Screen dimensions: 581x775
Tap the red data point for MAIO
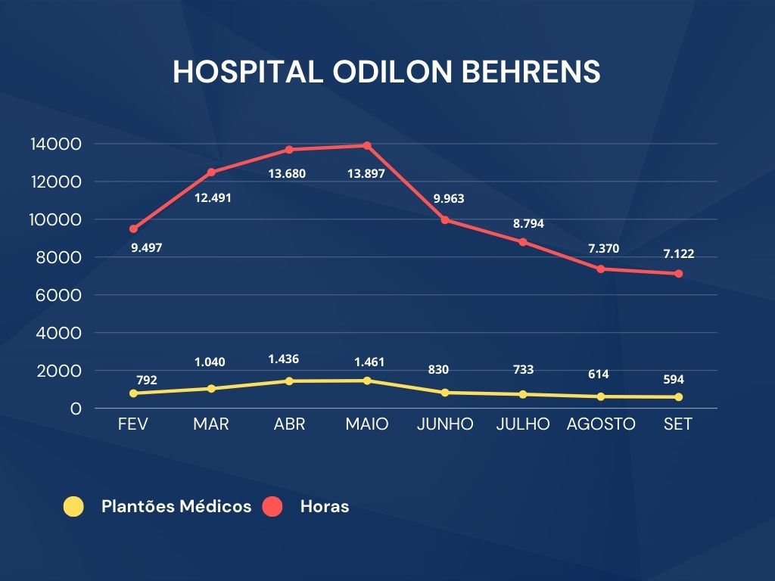point(367,145)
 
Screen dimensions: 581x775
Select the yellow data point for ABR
point(289,381)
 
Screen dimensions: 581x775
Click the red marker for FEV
point(133,228)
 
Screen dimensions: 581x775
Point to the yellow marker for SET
point(678,397)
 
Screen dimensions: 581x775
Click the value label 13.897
point(366,173)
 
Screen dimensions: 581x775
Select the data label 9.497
point(147,247)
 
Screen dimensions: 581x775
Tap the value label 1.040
point(210,362)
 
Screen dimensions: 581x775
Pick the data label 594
point(673,380)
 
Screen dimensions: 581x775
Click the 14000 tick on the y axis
point(55,144)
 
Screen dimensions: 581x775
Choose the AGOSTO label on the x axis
point(601,424)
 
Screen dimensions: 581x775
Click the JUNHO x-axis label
point(445,424)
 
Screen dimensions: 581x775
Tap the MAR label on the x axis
point(211,424)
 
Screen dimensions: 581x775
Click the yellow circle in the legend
point(73,507)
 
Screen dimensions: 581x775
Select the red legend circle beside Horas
point(272,507)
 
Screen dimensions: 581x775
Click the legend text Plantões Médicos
point(176,507)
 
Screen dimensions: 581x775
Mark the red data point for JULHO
point(523,242)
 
